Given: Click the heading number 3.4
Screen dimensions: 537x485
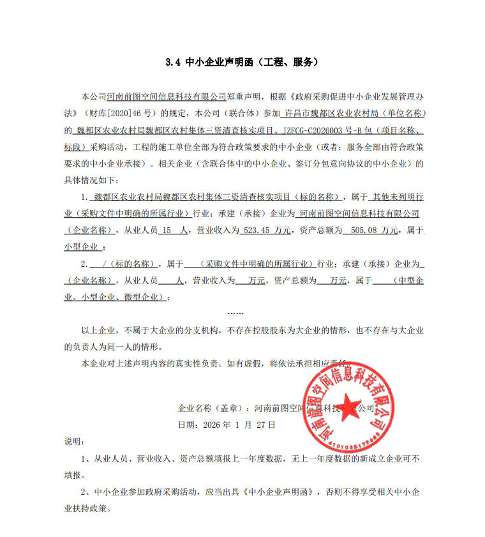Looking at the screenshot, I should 172,63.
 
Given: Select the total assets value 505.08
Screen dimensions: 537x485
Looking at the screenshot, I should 366,230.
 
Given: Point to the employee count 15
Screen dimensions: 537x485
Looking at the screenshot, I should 167,230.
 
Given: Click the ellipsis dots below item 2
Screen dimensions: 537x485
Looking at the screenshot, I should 235,313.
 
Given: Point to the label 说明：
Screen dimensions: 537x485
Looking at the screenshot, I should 74,441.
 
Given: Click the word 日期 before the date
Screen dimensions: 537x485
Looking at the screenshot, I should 185,424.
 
